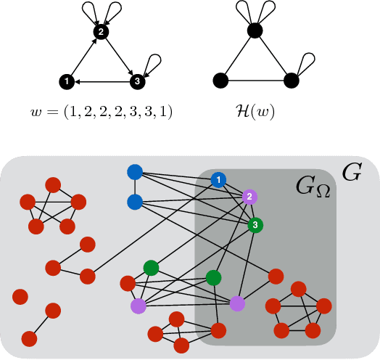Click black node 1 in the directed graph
[66, 81]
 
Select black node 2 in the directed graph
[102, 32]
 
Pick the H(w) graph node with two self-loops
[254, 31]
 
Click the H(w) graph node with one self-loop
[290, 80]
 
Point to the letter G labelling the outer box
[352, 172]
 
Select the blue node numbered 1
[218, 179]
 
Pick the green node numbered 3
[254, 225]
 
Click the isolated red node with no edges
[20, 298]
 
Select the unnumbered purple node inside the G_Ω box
[236, 303]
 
